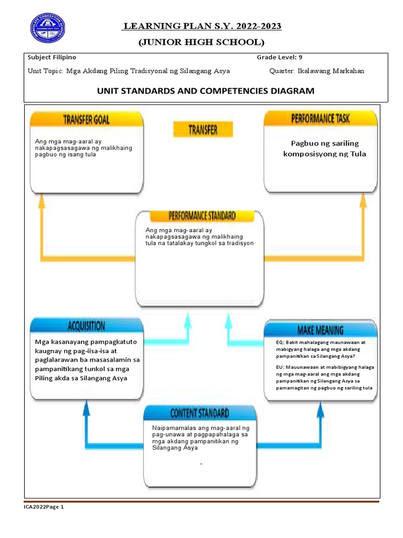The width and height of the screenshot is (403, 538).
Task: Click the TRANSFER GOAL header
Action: pos(87,120)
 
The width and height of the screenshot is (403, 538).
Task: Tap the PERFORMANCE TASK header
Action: pos(320,119)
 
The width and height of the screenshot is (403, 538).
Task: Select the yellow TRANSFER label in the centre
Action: pos(203,129)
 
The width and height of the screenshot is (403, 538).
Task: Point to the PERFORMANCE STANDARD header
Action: pos(202,216)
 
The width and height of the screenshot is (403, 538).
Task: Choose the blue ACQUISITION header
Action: pos(87,326)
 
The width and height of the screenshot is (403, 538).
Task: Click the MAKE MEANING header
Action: pos(320,330)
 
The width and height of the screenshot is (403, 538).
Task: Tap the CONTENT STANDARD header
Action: pos(200,413)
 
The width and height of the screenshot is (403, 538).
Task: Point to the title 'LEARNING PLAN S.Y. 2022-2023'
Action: pos(202,27)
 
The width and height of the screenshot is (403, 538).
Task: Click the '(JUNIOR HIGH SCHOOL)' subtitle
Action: pos(201,42)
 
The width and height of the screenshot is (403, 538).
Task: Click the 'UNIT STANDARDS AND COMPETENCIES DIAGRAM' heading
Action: pos(206,91)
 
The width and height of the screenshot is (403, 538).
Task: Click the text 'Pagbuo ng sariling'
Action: pos(325,143)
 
